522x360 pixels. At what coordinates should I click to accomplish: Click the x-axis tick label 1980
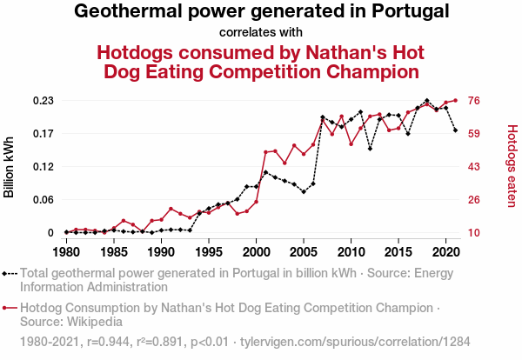tap(66, 252)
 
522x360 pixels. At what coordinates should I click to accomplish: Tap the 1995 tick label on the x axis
tap(209, 252)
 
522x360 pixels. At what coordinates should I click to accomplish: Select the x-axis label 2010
tap(351, 252)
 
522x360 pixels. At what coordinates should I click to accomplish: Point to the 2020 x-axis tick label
tap(445, 252)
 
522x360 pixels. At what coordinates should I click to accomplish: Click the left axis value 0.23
tap(43, 101)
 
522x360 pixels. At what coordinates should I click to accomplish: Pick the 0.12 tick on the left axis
tap(43, 167)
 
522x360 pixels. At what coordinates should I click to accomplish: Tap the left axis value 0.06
tap(43, 200)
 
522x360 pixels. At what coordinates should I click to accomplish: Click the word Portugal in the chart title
tap(405, 12)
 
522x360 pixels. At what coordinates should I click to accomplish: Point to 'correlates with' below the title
tap(260, 33)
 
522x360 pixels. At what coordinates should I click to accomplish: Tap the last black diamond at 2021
tap(455, 130)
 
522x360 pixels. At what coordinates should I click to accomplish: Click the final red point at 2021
tap(455, 101)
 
